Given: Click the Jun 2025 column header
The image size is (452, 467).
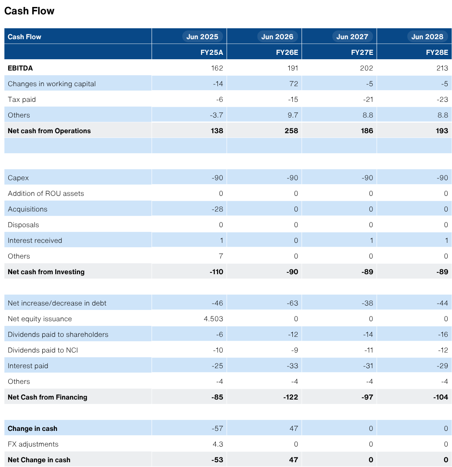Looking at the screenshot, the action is [202, 37].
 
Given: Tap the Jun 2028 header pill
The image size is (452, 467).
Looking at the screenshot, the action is [427, 37].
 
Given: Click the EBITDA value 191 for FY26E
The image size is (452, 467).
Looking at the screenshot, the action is [293, 68].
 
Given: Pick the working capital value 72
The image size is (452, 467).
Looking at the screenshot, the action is [294, 84].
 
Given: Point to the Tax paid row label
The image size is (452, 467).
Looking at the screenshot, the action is [22, 100].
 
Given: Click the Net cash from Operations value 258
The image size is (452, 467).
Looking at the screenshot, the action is [291, 131].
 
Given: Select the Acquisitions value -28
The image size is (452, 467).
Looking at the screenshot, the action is [218, 209].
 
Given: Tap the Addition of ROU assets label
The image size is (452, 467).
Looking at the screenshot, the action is [46, 194].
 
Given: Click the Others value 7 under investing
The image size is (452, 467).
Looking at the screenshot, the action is [221, 256].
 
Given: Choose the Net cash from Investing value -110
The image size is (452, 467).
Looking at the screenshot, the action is [217, 272].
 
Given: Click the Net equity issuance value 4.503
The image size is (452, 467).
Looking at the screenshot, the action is [214, 319].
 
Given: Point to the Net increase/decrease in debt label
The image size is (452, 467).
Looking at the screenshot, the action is [57, 303].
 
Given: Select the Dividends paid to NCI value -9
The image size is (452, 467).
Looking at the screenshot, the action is [295, 350].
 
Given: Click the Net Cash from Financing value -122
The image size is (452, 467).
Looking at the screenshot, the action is [291, 397].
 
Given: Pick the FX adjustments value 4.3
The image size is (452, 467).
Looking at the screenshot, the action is [218, 444].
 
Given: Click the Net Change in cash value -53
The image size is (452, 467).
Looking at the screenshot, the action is [218, 460].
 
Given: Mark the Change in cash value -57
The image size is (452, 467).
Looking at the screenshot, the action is [218, 429].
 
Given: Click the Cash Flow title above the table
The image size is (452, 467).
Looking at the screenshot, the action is [29, 11].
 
